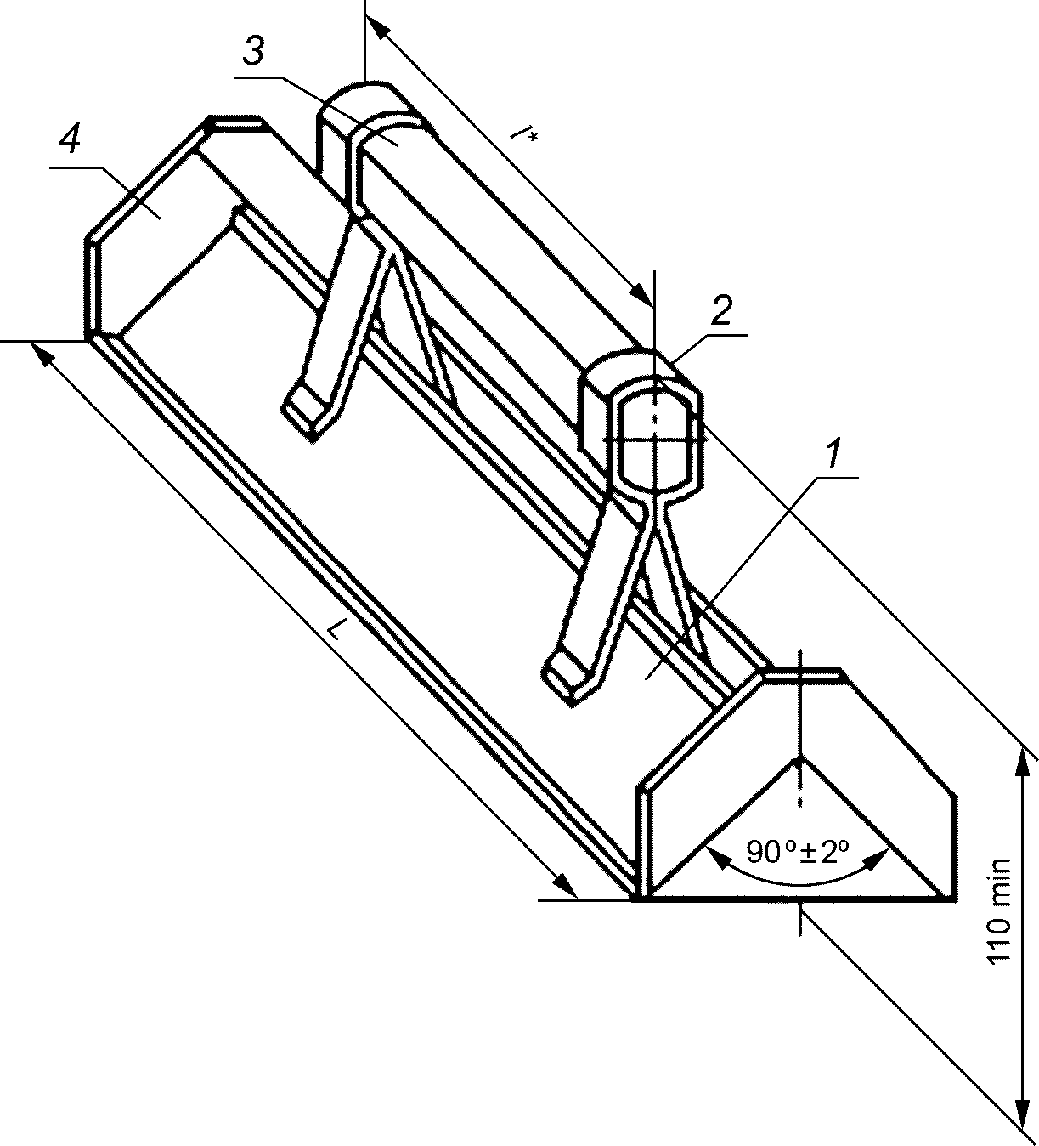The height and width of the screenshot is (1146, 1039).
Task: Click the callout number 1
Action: [x=834, y=454]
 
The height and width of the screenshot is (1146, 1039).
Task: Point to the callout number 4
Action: [x=70, y=141]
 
